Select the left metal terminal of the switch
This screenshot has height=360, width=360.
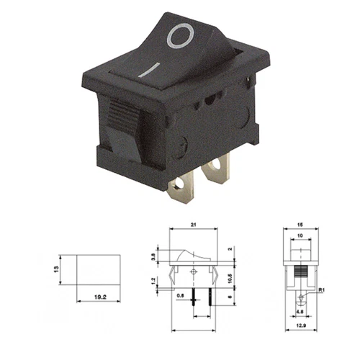pos(181,189)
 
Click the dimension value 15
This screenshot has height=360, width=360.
pos(299,225)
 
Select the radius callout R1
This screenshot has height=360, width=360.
pos(324,290)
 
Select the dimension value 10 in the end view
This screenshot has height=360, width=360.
pos(299,235)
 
